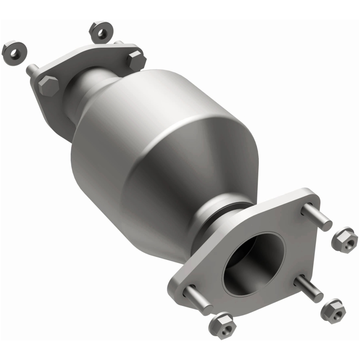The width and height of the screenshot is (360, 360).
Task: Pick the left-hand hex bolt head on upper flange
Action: [48, 85]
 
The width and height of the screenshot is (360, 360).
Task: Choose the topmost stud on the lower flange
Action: [317, 217]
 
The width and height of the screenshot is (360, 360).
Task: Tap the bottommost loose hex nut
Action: [222, 325]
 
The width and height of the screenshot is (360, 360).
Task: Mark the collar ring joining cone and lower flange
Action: [225, 216]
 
